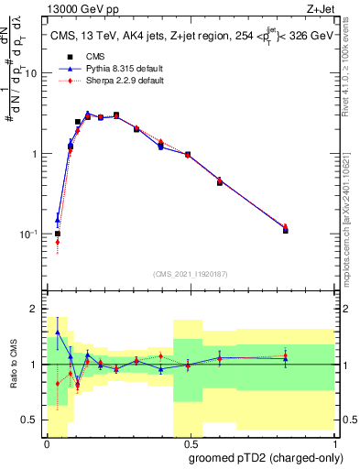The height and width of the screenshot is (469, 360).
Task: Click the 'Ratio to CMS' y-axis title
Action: [14, 364]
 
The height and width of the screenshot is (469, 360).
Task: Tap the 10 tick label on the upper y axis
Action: [34, 73]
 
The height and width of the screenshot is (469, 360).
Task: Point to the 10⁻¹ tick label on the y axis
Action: [32, 234]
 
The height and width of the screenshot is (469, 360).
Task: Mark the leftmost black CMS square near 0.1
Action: [58, 234]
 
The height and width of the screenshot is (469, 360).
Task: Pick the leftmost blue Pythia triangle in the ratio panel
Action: [58, 332]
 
